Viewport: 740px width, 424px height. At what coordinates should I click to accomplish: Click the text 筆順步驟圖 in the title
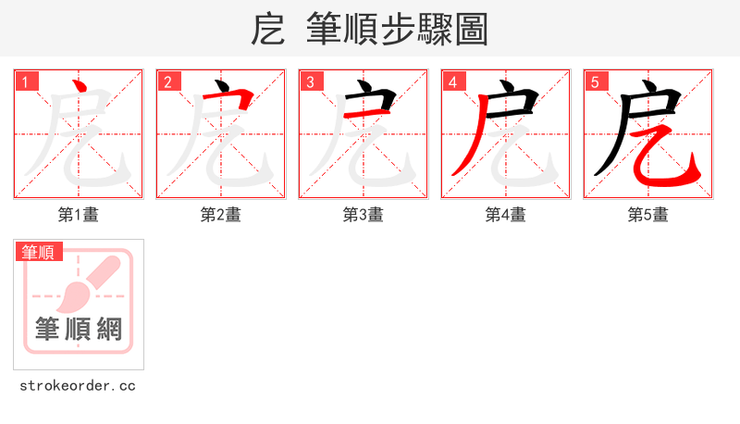[397, 30]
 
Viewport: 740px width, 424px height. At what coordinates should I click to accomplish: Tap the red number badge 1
[25, 82]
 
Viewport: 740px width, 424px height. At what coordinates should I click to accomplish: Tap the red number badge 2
[167, 82]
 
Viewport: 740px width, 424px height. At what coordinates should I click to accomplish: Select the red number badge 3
[310, 82]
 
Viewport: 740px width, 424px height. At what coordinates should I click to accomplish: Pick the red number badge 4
[452, 82]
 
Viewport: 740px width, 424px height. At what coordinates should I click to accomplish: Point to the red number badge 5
[595, 82]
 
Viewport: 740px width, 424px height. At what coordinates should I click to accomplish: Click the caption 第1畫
[79, 215]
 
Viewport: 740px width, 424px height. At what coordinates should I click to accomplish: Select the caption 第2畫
[221, 215]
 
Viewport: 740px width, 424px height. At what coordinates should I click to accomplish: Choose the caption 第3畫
[364, 215]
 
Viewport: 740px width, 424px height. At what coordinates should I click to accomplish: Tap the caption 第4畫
[506, 215]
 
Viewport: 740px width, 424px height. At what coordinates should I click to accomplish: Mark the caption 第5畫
[648, 215]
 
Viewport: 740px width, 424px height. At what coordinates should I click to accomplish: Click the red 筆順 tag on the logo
[38, 252]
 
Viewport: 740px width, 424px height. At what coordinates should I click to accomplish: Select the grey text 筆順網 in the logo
[79, 328]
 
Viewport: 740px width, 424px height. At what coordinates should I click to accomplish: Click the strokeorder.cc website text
[78, 385]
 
